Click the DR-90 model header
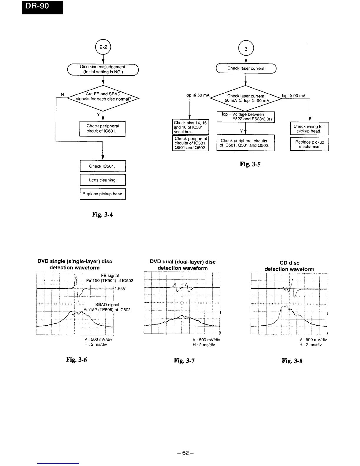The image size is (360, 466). pyautogui.click(x=42, y=7)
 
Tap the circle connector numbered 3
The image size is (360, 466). pyautogui.click(x=246, y=49)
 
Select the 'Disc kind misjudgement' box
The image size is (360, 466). pyautogui.click(x=103, y=69)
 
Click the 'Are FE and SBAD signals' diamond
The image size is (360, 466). pyautogui.click(x=103, y=96)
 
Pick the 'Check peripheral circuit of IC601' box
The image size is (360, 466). pyautogui.click(x=103, y=129)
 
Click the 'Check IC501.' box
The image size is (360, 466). pyautogui.click(x=103, y=166)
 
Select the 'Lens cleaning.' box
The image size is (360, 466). pyautogui.click(x=103, y=180)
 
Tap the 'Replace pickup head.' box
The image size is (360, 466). pyautogui.click(x=103, y=194)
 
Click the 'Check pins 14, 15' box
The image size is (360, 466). pyautogui.click(x=190, y=127)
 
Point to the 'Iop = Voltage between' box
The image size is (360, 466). pyautogui.click(x=246, y=117)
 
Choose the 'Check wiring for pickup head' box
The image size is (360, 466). pyautogui.click(x=309, y=129)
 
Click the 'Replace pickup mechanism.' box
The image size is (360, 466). pyautogui.click(x=309, y=144)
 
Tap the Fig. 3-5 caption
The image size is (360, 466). pyautogui.click(x=250, y=164)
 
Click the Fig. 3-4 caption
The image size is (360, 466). pyautogui.click(x=102, y=214)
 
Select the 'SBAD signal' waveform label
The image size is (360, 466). pyautogui.click(x=107, y=305)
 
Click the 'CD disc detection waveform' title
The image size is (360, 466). pyautogui.click(x=289, y=266)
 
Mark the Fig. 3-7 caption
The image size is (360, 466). pyautogui.click(x=184, y=360)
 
